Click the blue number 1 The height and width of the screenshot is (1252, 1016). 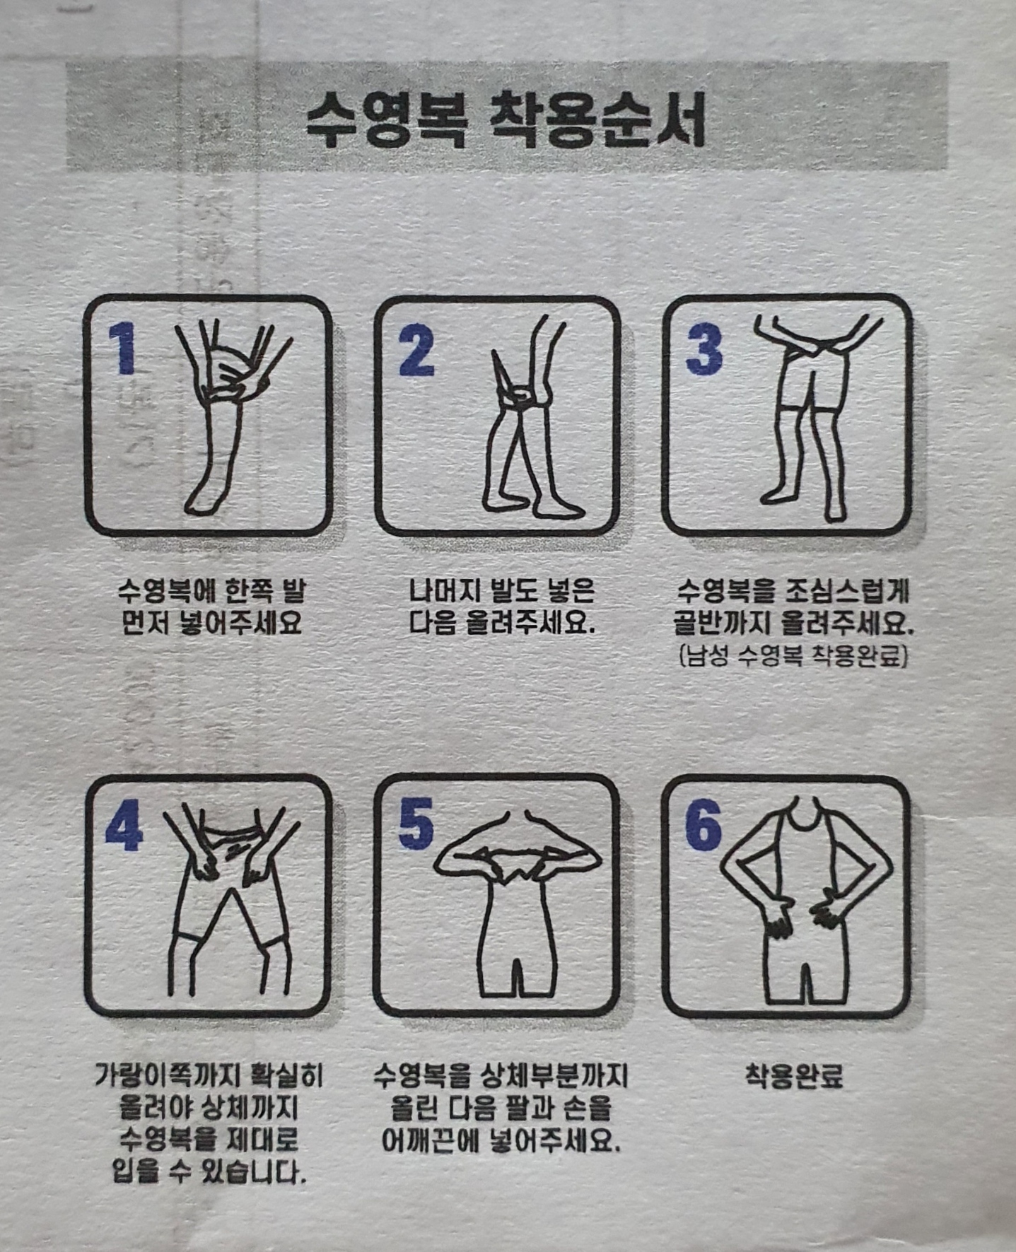(123, 348)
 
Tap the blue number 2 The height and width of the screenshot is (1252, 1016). (416, 349)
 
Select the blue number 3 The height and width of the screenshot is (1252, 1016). (704, 349)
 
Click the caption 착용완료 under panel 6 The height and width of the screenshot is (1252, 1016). (794, 1077)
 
